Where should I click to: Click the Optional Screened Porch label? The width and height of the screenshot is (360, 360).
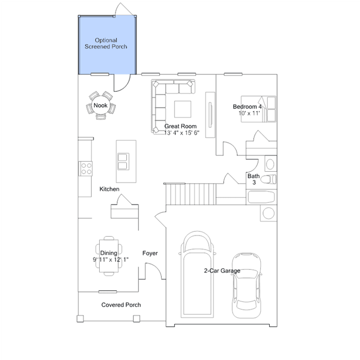click(106, 43)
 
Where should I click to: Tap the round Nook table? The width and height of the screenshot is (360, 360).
click(100, 105)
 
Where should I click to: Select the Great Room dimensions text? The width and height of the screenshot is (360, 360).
click(181, 133)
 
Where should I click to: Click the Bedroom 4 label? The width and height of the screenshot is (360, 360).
click(247, 106)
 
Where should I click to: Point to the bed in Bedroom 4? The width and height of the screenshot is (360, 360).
click(258, 109)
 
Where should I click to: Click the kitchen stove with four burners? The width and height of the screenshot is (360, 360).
click(86, 169)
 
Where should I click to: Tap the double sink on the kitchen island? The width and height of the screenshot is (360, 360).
click(123, 162)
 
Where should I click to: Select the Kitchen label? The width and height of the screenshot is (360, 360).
click(109, 189)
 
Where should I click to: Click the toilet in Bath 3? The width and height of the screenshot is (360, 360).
click(268, 179)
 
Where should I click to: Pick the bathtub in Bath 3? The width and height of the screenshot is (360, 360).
click(261, 197)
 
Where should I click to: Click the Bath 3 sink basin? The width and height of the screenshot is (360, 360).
click(270, 164)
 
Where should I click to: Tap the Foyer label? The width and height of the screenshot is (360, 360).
click(150, 254)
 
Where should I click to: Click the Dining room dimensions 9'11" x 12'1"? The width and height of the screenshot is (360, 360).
click(110, 260)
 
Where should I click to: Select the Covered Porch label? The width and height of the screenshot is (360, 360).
click(121, 305)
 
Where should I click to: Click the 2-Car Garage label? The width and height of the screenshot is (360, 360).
click(222, 270)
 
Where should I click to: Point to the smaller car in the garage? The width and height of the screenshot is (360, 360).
click(246, 286)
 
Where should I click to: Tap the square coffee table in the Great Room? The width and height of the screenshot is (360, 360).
click(183, 109)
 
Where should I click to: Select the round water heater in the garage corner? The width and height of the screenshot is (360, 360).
click(268, 213)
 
